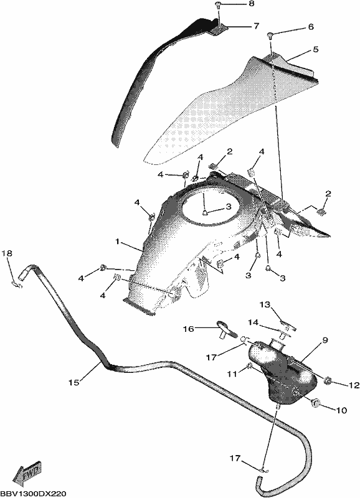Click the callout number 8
click(x=252, y=4)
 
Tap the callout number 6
click(x=310, y=27)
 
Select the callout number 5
click(x=316, y=50)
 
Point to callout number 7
click(x=256, y=26)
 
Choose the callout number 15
click(x=73, y=383)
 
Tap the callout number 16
click(x=189, y=329)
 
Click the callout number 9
click(x=324, y=340)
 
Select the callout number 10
click(x=342, y=410)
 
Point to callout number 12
click(x=354, y=385)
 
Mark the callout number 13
click(x=265, y=305)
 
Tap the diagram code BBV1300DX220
click(x=33, y=494)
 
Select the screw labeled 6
click(x=271, y=34)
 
